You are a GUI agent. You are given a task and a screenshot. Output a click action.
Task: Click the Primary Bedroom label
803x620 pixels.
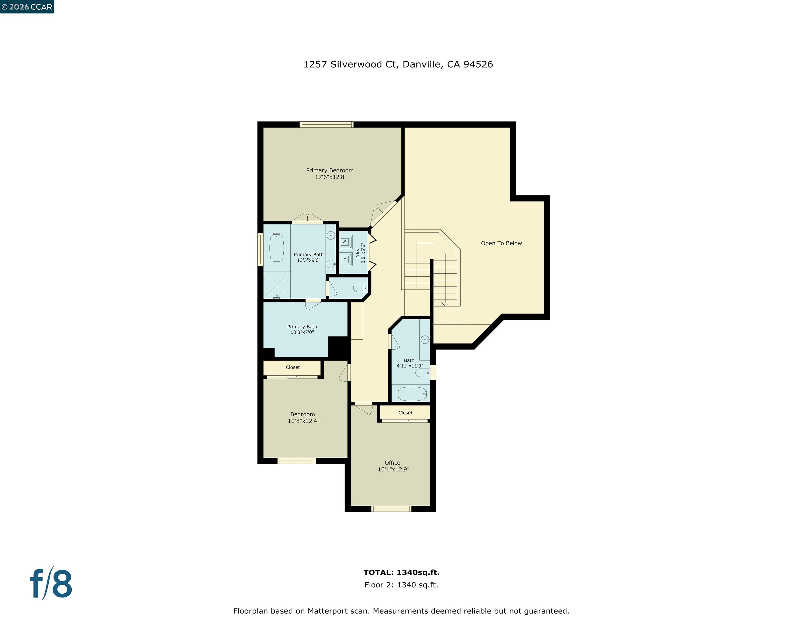click(x=329, y=170)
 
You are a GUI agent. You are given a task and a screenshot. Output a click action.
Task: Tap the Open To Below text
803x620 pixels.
click(x=501, y=243)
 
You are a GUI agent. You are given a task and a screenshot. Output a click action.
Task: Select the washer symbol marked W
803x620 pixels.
click(x=345, y=242)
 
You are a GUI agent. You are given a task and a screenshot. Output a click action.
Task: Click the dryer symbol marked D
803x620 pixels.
click(x=345, y=259)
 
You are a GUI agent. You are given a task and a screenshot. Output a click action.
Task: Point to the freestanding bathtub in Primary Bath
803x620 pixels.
click(x=276, y=248)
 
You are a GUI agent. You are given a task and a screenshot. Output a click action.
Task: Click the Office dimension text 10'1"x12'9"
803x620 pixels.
click(x=393, y=469)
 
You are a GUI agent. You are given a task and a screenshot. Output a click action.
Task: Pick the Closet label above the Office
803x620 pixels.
click(x=405, y=413)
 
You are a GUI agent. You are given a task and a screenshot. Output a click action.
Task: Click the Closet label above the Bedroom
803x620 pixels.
click(x=293, y=367)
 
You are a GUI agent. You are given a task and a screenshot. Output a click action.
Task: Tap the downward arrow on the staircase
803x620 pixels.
click(x=445, y=303)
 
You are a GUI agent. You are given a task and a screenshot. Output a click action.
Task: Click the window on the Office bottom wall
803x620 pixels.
click(x=391, y=509)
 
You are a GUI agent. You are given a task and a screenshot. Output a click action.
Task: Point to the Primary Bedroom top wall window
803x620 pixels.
click(x=326, y=125)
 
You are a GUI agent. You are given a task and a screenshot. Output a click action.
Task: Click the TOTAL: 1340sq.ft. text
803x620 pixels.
click(x=401, y=572)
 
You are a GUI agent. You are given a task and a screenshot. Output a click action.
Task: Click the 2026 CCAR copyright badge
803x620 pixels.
click(x=27, y=7)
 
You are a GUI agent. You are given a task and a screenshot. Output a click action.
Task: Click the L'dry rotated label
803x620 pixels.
click(x=357, y=253)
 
